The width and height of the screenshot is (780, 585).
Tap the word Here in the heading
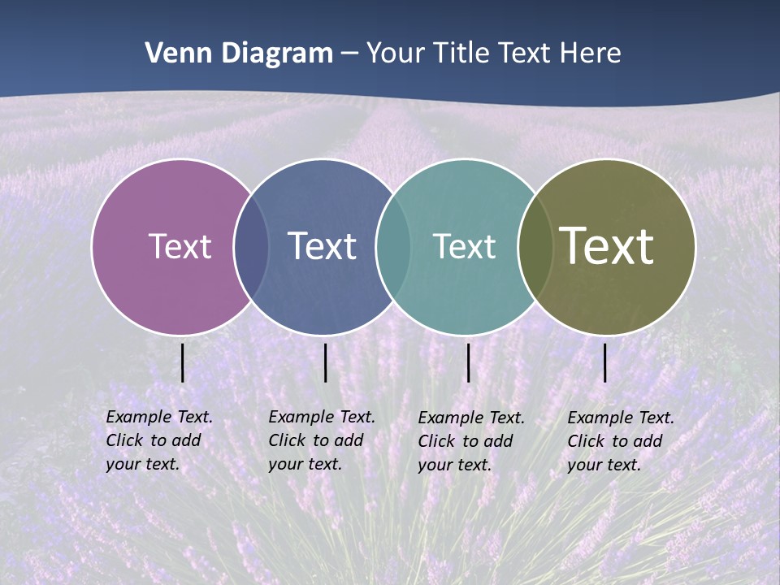(x=590, y=54)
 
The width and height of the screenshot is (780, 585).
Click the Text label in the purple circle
(x=180, y=246)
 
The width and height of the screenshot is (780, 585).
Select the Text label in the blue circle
(x=322, y=246)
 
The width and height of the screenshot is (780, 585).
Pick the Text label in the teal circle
(x=464, y=246)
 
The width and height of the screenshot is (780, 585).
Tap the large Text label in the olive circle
(x=606, y=246)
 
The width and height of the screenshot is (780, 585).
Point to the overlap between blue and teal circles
(x=393, y=246)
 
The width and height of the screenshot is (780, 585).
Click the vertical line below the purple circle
(x=183, y=362)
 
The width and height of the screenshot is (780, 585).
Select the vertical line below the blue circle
(x=325, y=362)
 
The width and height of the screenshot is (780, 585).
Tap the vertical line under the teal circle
(x=468, y=362)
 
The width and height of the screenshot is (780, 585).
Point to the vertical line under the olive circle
(x=605, y=362)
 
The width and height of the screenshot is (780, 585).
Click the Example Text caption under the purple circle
(x=159, y=440)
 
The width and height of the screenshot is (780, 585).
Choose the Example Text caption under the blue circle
(x=322, y=440)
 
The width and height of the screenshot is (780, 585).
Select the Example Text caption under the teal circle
(x=471, y=441)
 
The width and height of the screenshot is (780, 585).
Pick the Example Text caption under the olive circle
(x=621, y=441)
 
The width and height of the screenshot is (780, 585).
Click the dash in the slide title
(x=349, y=54)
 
